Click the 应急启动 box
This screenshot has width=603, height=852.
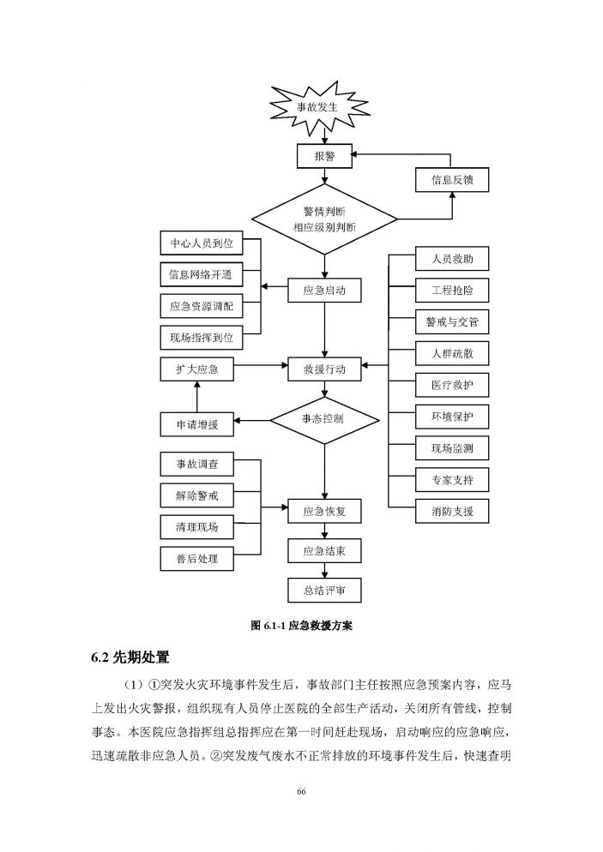323,291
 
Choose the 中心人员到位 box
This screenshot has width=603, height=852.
202,243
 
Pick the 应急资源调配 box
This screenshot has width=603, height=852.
202,306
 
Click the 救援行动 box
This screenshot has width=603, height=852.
323,369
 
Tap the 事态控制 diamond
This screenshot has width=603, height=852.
323,420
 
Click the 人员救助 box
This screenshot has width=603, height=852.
451,259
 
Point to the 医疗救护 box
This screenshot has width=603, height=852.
451,385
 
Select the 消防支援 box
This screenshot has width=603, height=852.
451,512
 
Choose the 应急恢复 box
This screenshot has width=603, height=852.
323,512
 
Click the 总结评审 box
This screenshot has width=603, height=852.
323,591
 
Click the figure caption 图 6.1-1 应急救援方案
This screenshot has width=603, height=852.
301,627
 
